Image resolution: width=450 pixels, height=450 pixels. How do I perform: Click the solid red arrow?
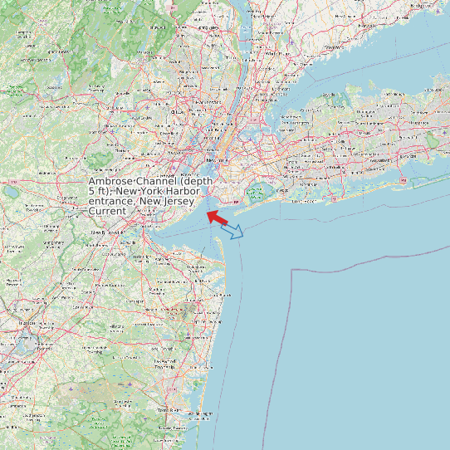tap(218, 218)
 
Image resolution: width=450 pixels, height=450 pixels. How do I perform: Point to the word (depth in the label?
tap(196, 182)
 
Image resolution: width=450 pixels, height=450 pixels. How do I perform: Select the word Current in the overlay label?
tap(107, 212)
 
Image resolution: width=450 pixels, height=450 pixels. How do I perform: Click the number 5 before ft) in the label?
tap(91, 192)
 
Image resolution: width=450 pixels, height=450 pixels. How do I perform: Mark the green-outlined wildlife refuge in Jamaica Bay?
tap(255, 193)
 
